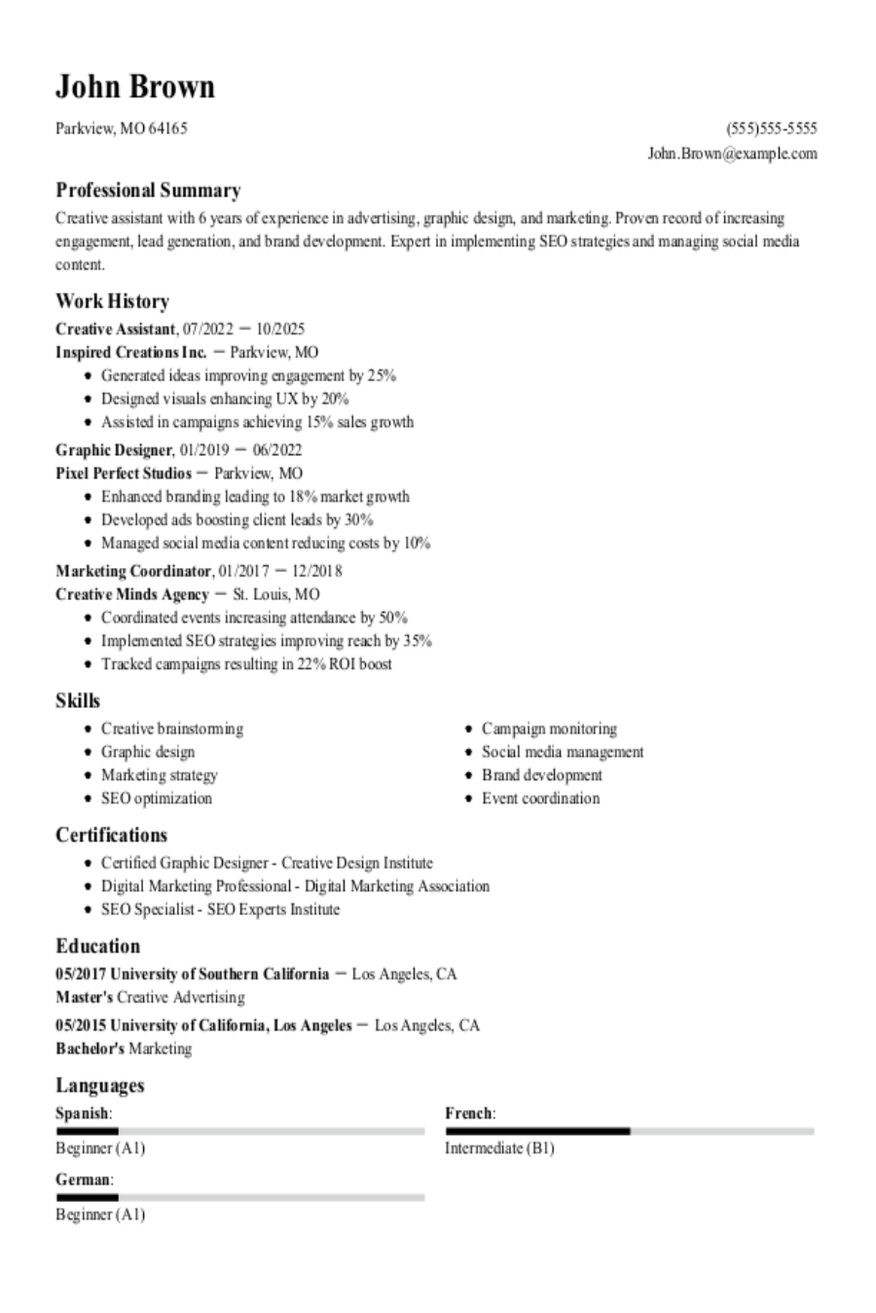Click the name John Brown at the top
pyautogui.click(x=134, y=87)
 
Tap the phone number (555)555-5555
pyautogui.click(x=771, y=128)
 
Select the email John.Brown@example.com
pyautogui.click(x=732, y=154)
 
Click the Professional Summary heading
pyautogui.click(x=148, y=191)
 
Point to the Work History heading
pyautogui.click(x=112, y=302)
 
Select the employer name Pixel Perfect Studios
pyautogui.click(x=124, y=474)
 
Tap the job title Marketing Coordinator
pyautogui.click(x=133, y=571)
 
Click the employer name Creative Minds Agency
pyautogui.click(x=132, y=594)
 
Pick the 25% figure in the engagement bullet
pyautogui.click(x=382, y=375)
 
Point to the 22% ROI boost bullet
pyautogui.click(x=246, y=664)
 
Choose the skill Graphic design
pyautogui.click(x=148, y=752)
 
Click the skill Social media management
pyautogui.click(x=563, y=752)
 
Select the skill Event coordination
pyautogui.click(x=540, y=798)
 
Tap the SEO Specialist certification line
pyautogui.click(x=220, y=909)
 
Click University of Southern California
pyautogui.click(x=219, y=974)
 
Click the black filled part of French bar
pyautogui.click(x=537, y=1131)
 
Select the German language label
pyautogui.click(x=83, y=1180)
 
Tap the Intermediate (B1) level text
pyautogui.click(x=499, y=1149)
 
